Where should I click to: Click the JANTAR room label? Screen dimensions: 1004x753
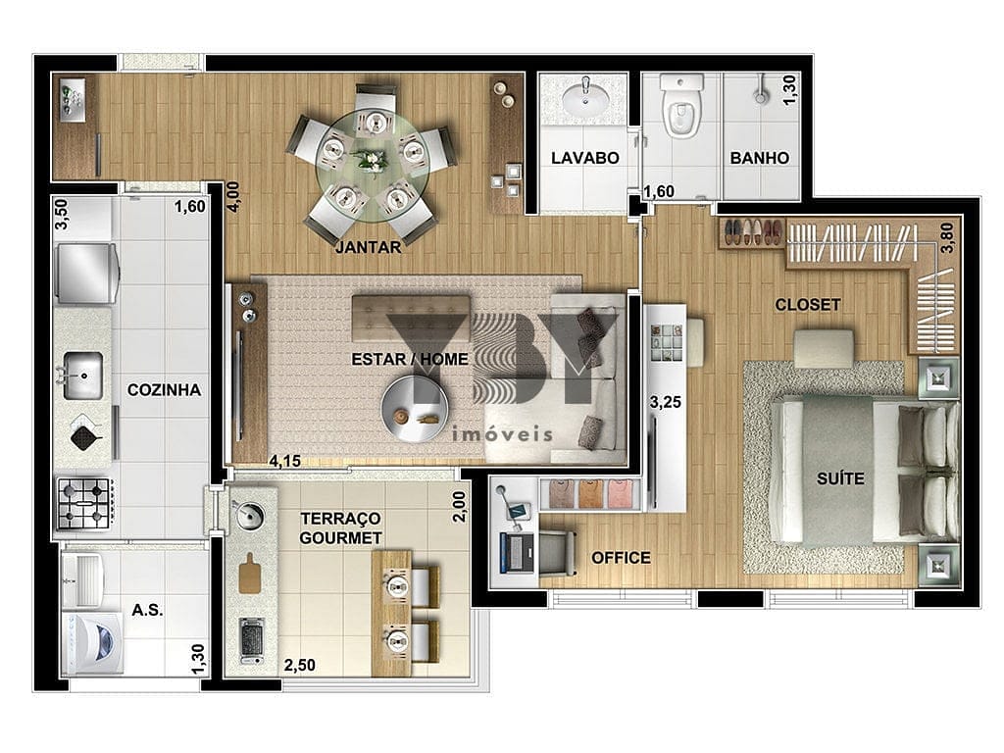[x=369, y=246]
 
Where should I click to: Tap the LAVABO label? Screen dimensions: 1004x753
[x=585, y=158]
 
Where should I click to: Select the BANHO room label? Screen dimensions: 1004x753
[x=760, y=158]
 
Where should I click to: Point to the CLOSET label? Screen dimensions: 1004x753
[x=808, y=304]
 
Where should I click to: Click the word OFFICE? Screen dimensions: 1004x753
[x=621, y=558]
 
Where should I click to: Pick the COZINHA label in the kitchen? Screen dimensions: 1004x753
[x=164, y=390]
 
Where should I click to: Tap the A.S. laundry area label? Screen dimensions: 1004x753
[x=147, y=610]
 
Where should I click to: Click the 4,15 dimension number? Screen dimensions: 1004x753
[x=285, y=461]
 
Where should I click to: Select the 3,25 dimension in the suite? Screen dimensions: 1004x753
[x=666, y=402]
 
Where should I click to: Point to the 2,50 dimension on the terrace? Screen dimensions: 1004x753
[x=300, y=666]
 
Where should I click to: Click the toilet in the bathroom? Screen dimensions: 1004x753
[x=681, y=108]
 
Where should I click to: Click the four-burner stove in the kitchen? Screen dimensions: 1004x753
[x=85, y=503]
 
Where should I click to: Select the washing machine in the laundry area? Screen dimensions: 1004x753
[x=93, y=643]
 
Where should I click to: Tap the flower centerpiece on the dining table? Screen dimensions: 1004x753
[x=371, y=159]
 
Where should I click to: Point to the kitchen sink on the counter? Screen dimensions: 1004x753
[x=82, y=375]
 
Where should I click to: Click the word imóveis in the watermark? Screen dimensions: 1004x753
[x=502, y=434]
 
